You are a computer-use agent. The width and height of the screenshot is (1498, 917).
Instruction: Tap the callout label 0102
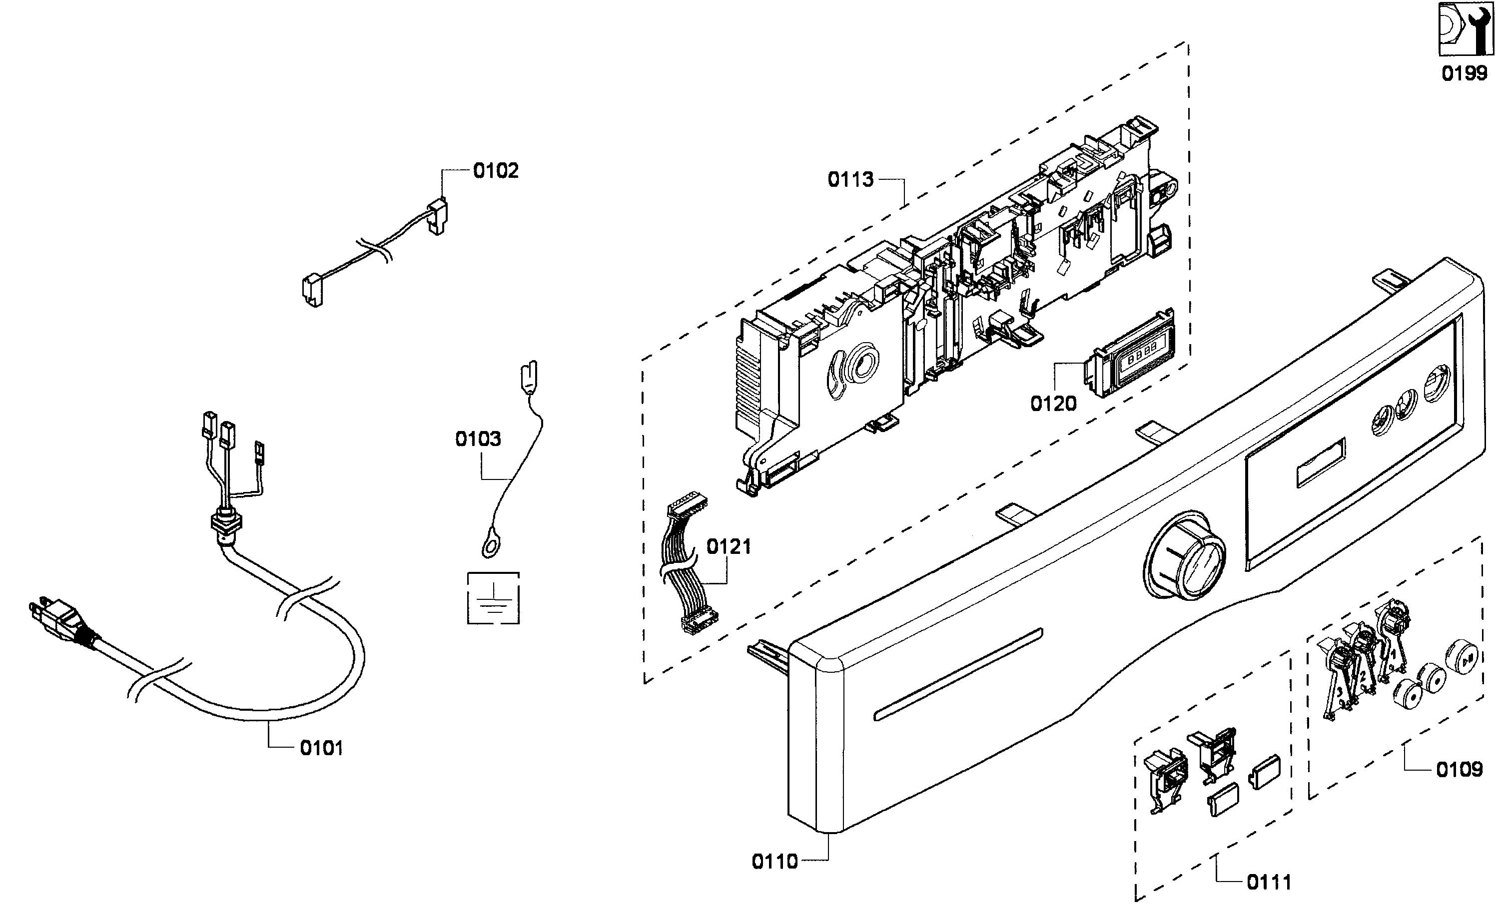[496, 171]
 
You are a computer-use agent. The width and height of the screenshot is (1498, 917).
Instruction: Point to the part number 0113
[850, 179]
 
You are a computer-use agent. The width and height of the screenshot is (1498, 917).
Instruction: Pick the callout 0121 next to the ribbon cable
[729, 546]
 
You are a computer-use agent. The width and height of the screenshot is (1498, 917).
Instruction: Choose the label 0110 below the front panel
[774, 861]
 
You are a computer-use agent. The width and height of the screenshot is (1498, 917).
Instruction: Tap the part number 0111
[1269, 882]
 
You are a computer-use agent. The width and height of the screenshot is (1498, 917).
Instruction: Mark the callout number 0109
[1459, 770]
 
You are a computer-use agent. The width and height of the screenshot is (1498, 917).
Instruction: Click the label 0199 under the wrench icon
[1464, 73]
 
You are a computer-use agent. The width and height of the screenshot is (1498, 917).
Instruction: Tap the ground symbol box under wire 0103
[493, 598]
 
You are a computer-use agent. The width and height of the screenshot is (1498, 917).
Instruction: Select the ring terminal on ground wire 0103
[490, 549]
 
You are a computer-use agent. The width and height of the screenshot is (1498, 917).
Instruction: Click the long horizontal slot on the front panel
[957, 675]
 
